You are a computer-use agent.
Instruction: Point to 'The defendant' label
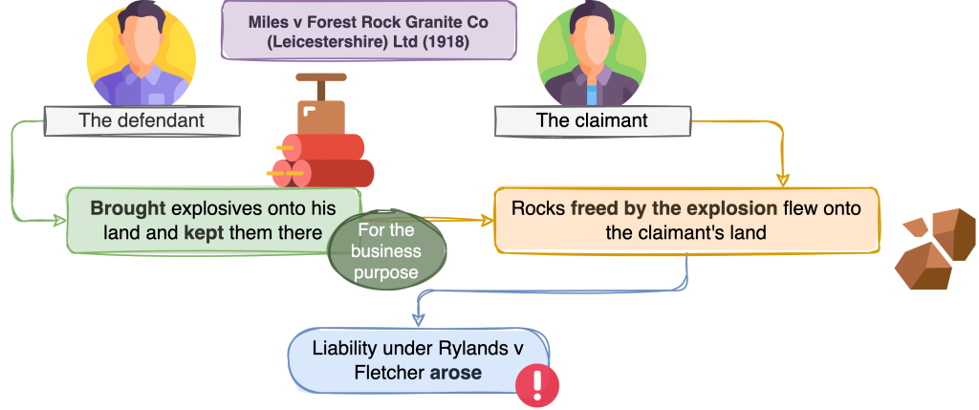141,121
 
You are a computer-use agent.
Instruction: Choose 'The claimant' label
591,121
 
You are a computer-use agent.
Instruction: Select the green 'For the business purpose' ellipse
387,251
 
